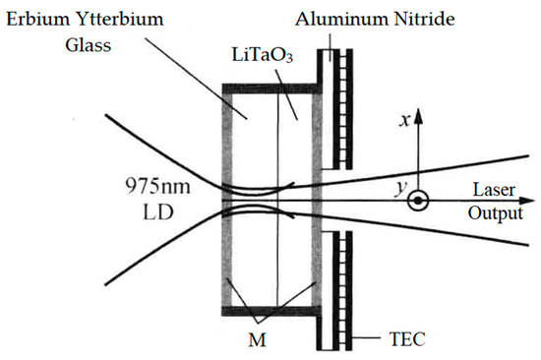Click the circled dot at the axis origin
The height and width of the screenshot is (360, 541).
pos(419,203)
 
